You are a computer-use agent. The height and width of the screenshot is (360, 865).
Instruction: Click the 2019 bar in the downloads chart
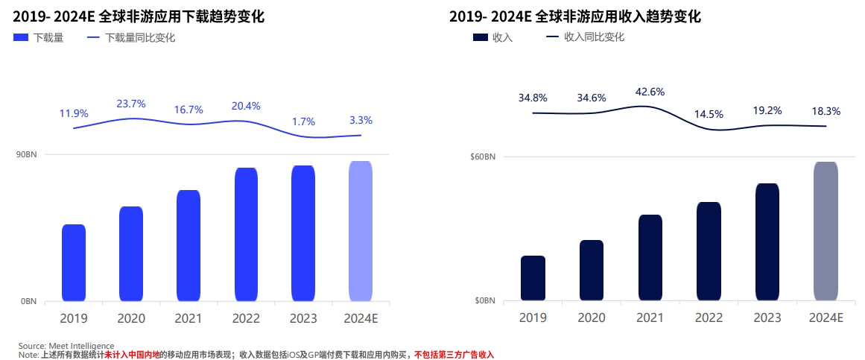pos(74,262)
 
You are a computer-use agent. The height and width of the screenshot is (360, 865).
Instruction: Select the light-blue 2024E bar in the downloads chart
pos(361,231)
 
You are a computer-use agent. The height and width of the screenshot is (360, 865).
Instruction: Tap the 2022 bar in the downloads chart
pos(246,234)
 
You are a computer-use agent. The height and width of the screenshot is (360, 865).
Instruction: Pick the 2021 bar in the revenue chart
pos(650,257)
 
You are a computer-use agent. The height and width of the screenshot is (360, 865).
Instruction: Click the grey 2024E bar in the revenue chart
pos(826,231)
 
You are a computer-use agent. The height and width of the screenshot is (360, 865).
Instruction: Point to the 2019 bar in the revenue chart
pos(533,278)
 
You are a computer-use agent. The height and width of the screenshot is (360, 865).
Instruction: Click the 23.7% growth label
pos(131,104)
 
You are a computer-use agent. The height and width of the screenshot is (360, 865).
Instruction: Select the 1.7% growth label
pos(303,121)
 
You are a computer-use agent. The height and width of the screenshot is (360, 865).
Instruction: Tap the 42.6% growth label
pos(650,92)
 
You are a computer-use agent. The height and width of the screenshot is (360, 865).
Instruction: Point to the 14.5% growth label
pos(709,114)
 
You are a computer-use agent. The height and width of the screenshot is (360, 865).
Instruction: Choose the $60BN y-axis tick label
pos(483,157)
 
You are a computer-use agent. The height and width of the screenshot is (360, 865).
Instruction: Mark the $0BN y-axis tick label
pos(485,300)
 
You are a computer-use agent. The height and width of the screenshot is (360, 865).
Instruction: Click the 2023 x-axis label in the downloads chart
pos(303,318)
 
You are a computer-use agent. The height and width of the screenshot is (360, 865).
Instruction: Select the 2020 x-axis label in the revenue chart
pos(591,318)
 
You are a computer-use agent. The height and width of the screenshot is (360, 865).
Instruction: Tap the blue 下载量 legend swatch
pos(20,38)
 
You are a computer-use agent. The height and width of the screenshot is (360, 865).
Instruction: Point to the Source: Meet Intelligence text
pos(66,346)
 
